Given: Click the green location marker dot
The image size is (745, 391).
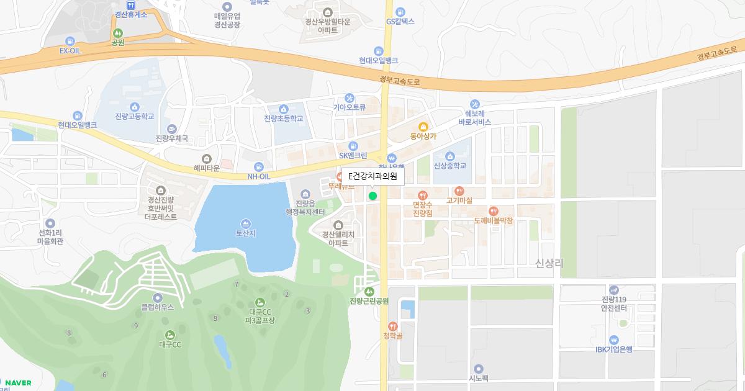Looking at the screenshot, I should pyautogui.click(x=372, y=196).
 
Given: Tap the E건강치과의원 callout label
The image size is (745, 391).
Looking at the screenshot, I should pyautogui.click(x=372, y=177).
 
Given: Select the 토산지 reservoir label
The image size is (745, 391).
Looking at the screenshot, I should pyautogui.click(x=246, y=233).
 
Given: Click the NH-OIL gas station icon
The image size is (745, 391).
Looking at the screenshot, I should pyautogui.click(x=259, y=167).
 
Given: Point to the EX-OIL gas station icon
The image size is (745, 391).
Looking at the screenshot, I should pyautogui.click(x=70, y=41).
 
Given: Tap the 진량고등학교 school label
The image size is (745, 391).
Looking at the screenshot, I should pyautogui.click(x=134, y=116).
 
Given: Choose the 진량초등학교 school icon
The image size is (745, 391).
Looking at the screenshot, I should pyautogui.click(x=284, y=109).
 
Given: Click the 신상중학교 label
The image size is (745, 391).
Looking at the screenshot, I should pyautogui.click(x=449, y=166).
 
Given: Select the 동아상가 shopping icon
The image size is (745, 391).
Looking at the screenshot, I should pyautogui.click(x=423, y=127).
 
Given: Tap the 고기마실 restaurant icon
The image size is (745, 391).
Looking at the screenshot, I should pyautogui.click(x=459, y=191).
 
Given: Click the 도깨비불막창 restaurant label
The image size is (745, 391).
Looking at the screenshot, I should pyautogui.click(x=493, y=220).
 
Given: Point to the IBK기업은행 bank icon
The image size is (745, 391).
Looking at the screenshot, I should pyautogui.click(x=613, y=339).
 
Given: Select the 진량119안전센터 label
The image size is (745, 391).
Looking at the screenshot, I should pyautogui.click(x=613, y=303).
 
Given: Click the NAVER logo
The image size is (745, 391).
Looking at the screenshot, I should pyautogui.click(x=18, y=382).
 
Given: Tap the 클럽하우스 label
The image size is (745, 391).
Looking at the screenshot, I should pyautogui.click(x=157, y=307).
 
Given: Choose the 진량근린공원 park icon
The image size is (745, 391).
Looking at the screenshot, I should pyautogui.click(x=369, y=291).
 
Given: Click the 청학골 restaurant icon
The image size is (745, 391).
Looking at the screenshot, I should pyautogui.click(x=392, y=326).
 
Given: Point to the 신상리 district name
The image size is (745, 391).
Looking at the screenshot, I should pyautogui.click(x=549, y=263).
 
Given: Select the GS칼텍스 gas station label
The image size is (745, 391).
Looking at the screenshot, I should pyautogui.click(x=400, y=21).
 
